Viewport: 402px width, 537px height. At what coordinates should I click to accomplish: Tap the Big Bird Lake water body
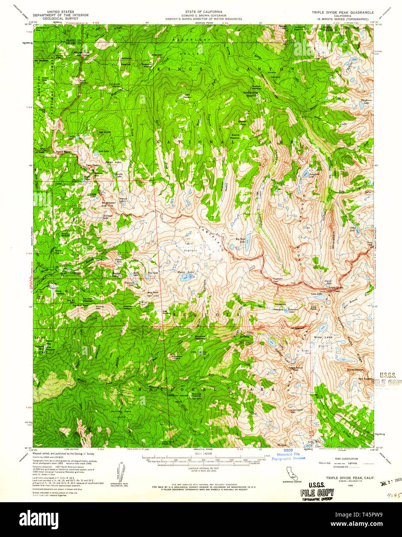coord(247,246)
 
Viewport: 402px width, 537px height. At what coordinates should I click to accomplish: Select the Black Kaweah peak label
coord(355,370)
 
